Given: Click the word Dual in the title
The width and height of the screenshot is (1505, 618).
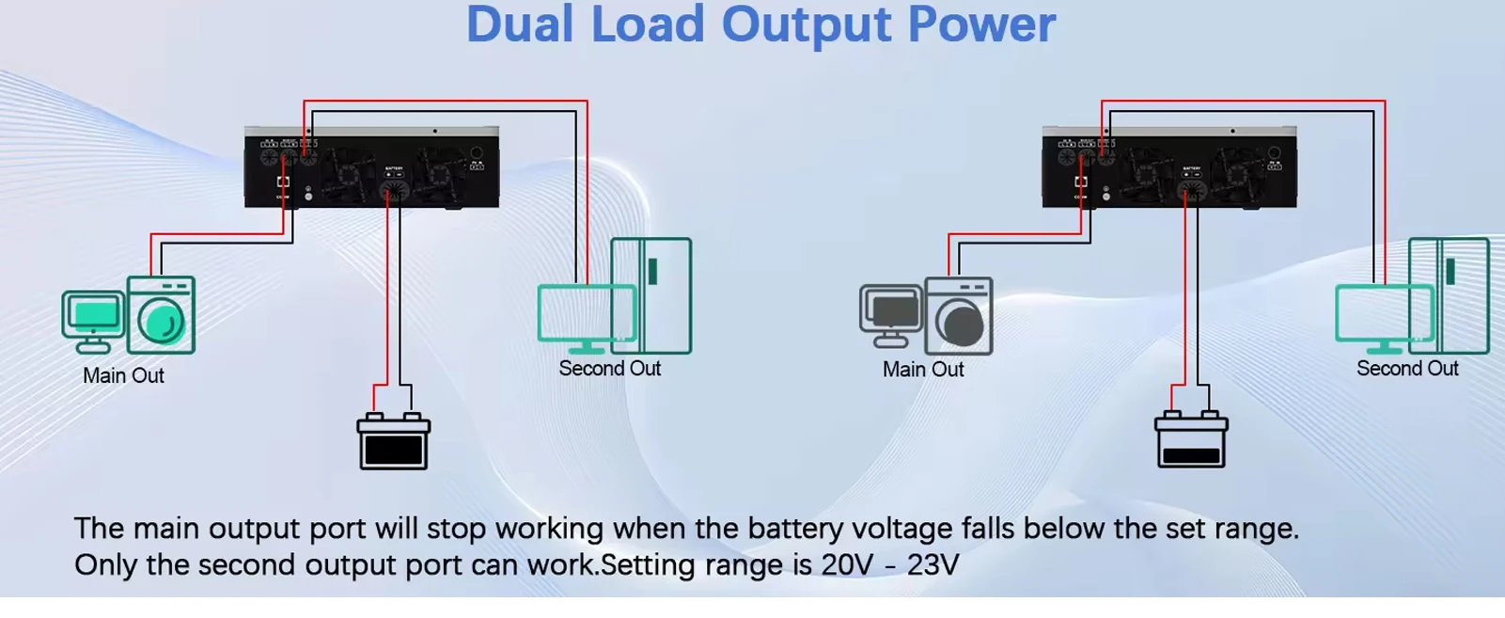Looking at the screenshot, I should (x=519, y=24).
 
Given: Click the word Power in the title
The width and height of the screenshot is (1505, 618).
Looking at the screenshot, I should (x=981, y=24).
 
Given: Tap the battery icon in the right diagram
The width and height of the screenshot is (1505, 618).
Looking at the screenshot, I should (x=1191, y=439).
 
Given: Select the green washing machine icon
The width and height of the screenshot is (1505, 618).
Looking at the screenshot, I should (x=161, y=315).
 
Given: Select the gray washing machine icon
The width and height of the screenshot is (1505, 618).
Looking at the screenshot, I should (x=959, y=316).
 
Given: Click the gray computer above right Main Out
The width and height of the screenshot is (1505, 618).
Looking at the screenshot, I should (x=890, y=315).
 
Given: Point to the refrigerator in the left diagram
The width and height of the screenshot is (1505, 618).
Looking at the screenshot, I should (x=651, y=294).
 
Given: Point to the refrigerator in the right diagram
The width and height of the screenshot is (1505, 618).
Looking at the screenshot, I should (x=1449, y=294).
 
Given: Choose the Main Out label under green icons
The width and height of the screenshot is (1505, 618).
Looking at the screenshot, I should (x=123, y=375).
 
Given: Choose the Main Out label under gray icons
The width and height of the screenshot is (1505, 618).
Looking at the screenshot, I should (x=922, y=370).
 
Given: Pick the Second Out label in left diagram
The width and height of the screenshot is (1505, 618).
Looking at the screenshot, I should (x=609, y=369).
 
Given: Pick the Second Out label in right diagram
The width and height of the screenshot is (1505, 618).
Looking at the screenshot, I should (x=1406, y=369).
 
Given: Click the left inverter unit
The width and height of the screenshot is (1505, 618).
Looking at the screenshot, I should (x=371, y=168).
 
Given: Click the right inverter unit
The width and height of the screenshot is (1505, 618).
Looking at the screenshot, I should (x=1168, y=168).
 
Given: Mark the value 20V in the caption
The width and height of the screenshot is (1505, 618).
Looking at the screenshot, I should (x=847, y=565).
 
